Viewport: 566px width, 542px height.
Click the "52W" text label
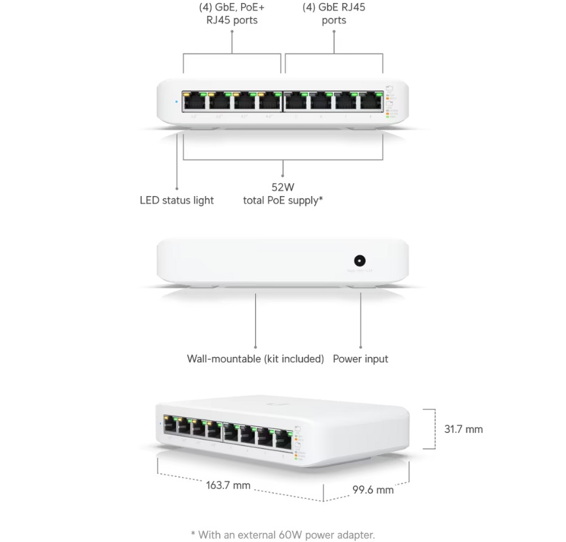(283, 187)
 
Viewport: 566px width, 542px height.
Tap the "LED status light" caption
(176, 200)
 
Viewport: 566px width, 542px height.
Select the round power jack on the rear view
(360, 261)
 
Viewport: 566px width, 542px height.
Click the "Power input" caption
(360, 359)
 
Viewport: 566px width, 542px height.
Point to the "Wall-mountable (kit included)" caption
(255, 359)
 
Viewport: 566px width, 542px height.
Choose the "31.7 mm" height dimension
(463, 429)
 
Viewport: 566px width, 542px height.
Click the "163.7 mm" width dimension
(228, 485)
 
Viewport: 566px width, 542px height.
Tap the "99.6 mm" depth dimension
(372, 489)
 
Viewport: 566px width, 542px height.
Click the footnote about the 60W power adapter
(283, 535)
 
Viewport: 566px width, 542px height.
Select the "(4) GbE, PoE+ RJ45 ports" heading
(232, 14)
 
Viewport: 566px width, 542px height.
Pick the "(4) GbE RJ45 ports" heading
(334, 14)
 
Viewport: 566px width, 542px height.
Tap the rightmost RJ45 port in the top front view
(370, 101)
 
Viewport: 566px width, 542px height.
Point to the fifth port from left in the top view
(296, 101)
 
